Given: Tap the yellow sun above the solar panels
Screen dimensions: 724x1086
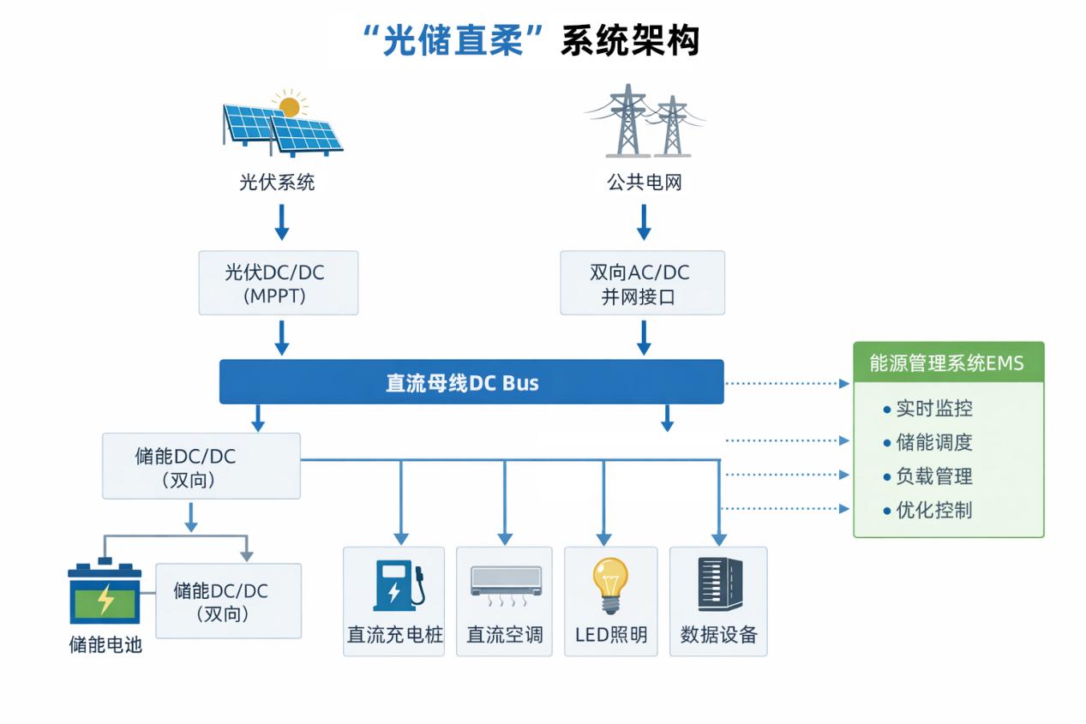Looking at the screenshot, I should click(290, 106).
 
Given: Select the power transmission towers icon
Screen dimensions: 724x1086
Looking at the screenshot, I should click(645, 122).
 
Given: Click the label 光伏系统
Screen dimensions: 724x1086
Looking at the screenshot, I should click(277, 182).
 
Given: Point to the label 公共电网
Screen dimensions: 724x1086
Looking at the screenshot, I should click(644, 182).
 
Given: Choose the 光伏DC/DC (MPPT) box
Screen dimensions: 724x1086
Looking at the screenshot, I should click(278, 283).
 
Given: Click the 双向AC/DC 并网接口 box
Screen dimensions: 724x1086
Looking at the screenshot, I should click(642, 283).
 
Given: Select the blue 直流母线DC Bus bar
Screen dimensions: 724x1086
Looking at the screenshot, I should click(471, 382).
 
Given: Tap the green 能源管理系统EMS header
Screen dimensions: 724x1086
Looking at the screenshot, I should click(948, 362).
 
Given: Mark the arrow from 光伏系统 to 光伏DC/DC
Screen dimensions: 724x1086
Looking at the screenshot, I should click(281, 221).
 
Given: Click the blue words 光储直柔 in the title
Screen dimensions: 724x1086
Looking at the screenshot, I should click(453, 40).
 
